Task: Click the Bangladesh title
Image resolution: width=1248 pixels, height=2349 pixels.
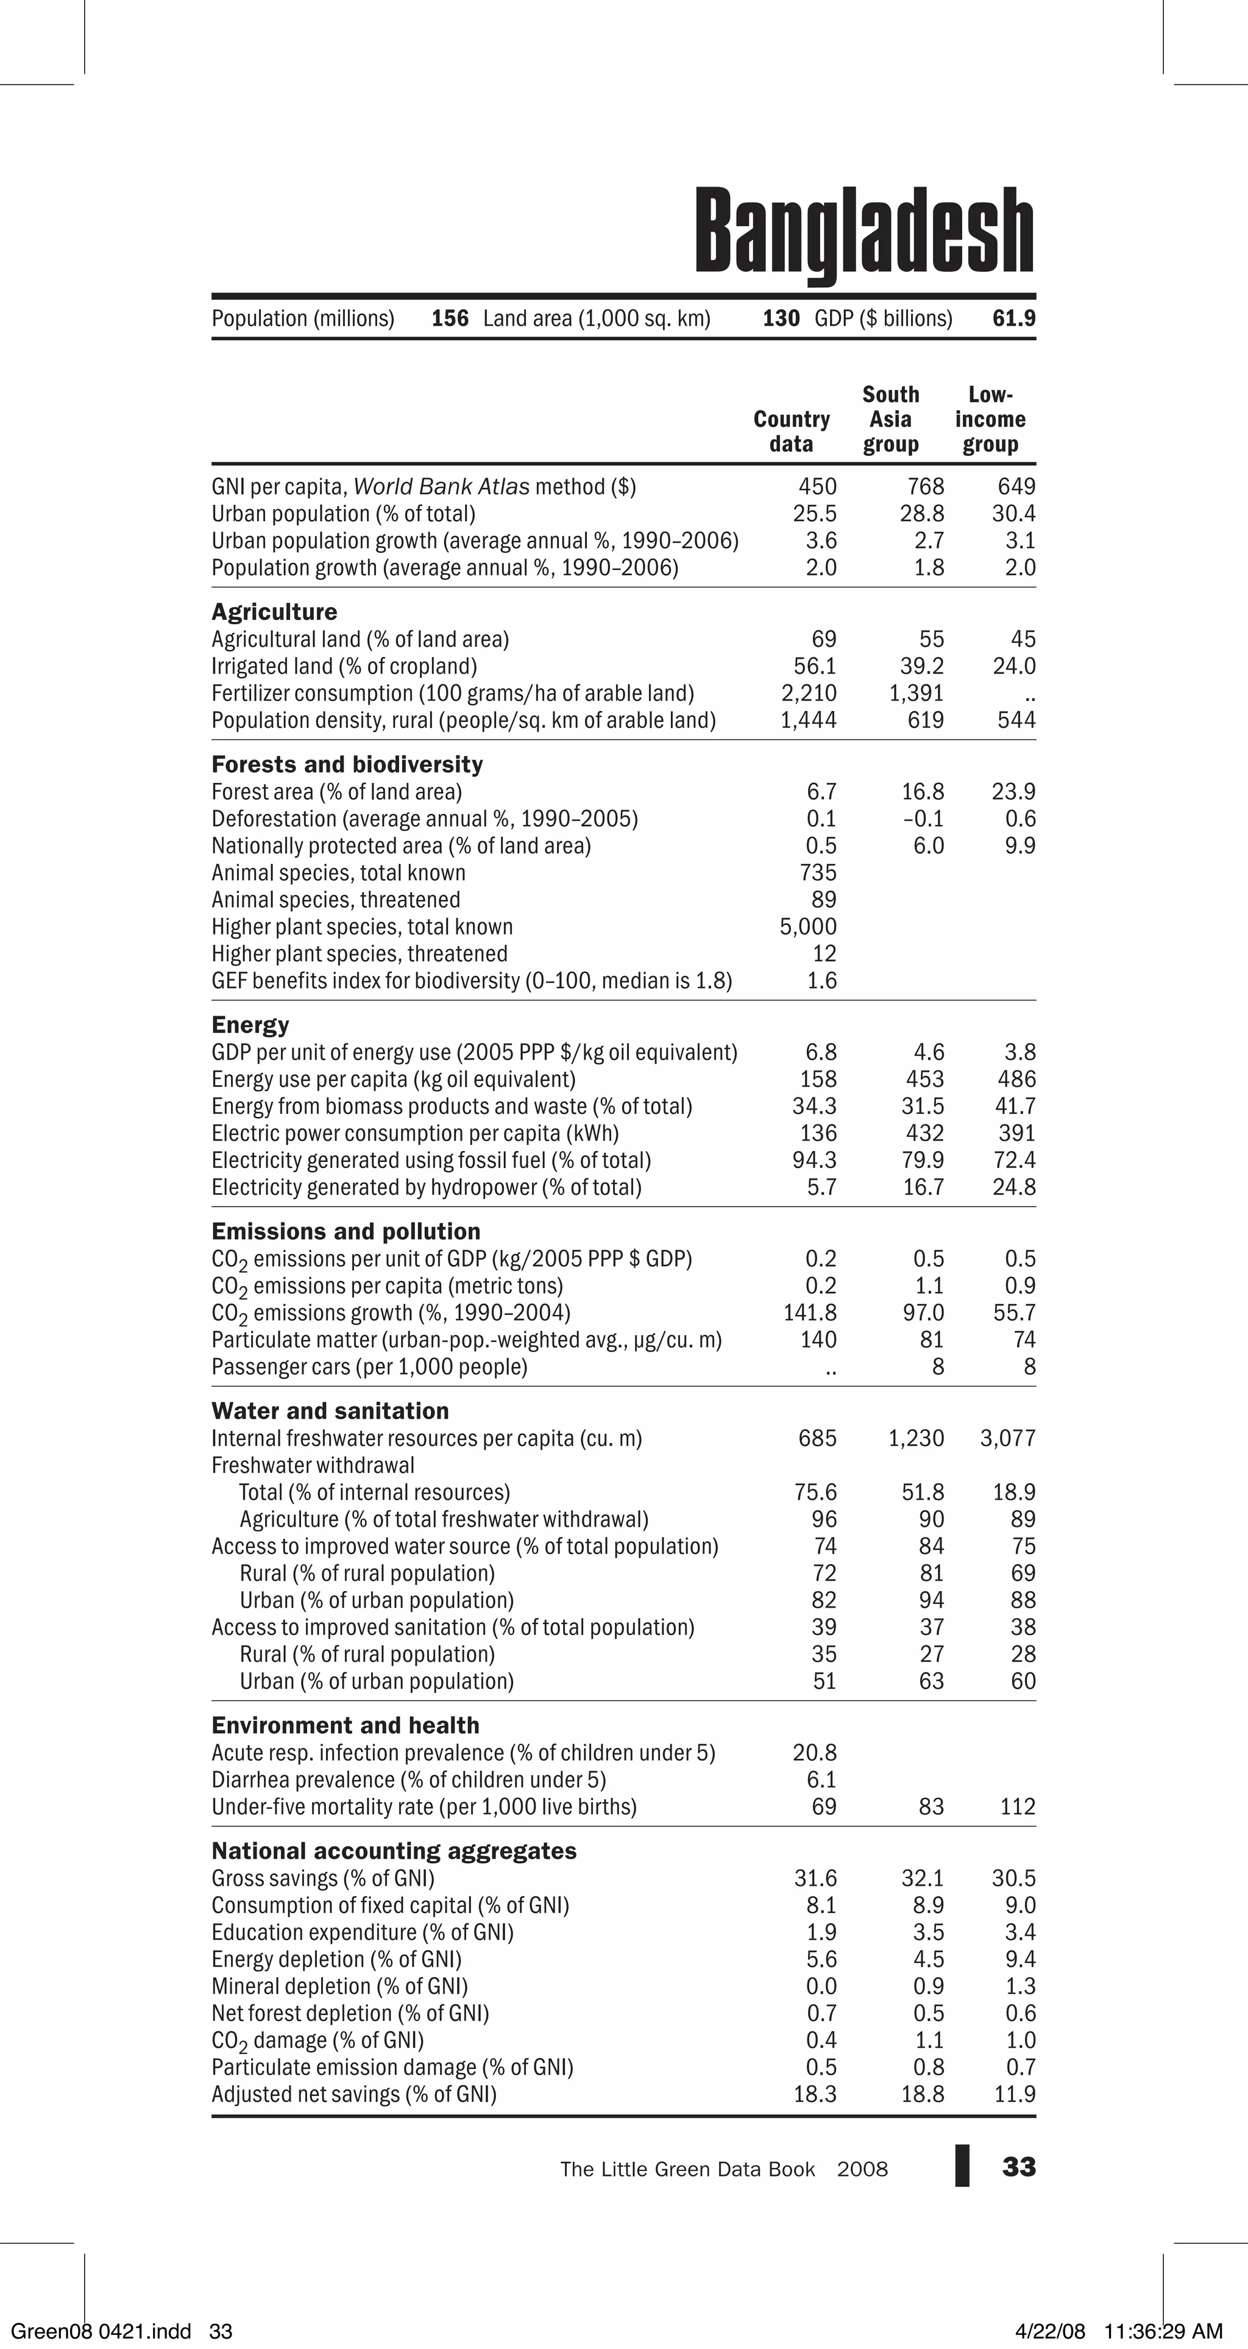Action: coord(864,232)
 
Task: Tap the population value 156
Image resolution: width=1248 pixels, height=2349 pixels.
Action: coord(450,318)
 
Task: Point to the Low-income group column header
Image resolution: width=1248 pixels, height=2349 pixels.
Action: coord(990,419)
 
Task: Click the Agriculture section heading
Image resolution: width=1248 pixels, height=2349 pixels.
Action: coord(274,612)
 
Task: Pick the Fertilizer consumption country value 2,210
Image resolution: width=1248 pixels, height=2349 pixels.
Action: coord(809,693)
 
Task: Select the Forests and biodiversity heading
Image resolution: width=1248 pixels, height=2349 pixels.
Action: coord(346,764)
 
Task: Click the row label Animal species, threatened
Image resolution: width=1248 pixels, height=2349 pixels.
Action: coord(336,900)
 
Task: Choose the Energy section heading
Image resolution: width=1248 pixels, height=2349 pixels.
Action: coord(250,1025)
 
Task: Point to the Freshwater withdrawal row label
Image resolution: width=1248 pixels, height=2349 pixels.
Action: coord(313,1466)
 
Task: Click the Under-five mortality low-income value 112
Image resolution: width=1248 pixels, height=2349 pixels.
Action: coord(1018,1806)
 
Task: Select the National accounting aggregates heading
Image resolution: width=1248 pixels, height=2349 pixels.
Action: coord(394,1851)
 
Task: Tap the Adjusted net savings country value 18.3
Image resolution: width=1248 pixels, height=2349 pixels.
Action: coord(815,2094)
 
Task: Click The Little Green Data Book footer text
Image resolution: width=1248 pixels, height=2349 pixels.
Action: coord(687,2169)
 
